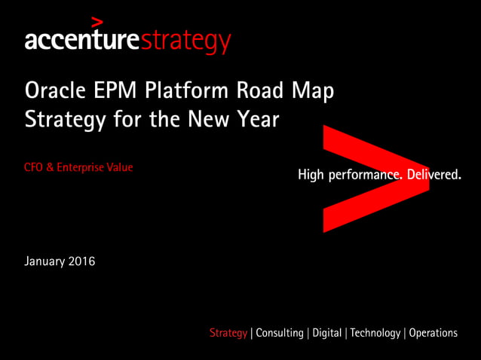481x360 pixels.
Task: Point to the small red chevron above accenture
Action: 96,21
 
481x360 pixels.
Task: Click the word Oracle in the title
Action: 52,92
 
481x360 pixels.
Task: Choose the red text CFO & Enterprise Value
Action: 78,167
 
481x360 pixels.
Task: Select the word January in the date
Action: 45,262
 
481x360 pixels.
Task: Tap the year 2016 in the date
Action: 82,261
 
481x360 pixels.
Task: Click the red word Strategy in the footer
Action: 228,333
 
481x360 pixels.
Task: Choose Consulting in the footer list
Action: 280,333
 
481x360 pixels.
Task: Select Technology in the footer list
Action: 375,333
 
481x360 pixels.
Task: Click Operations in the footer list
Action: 433,333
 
